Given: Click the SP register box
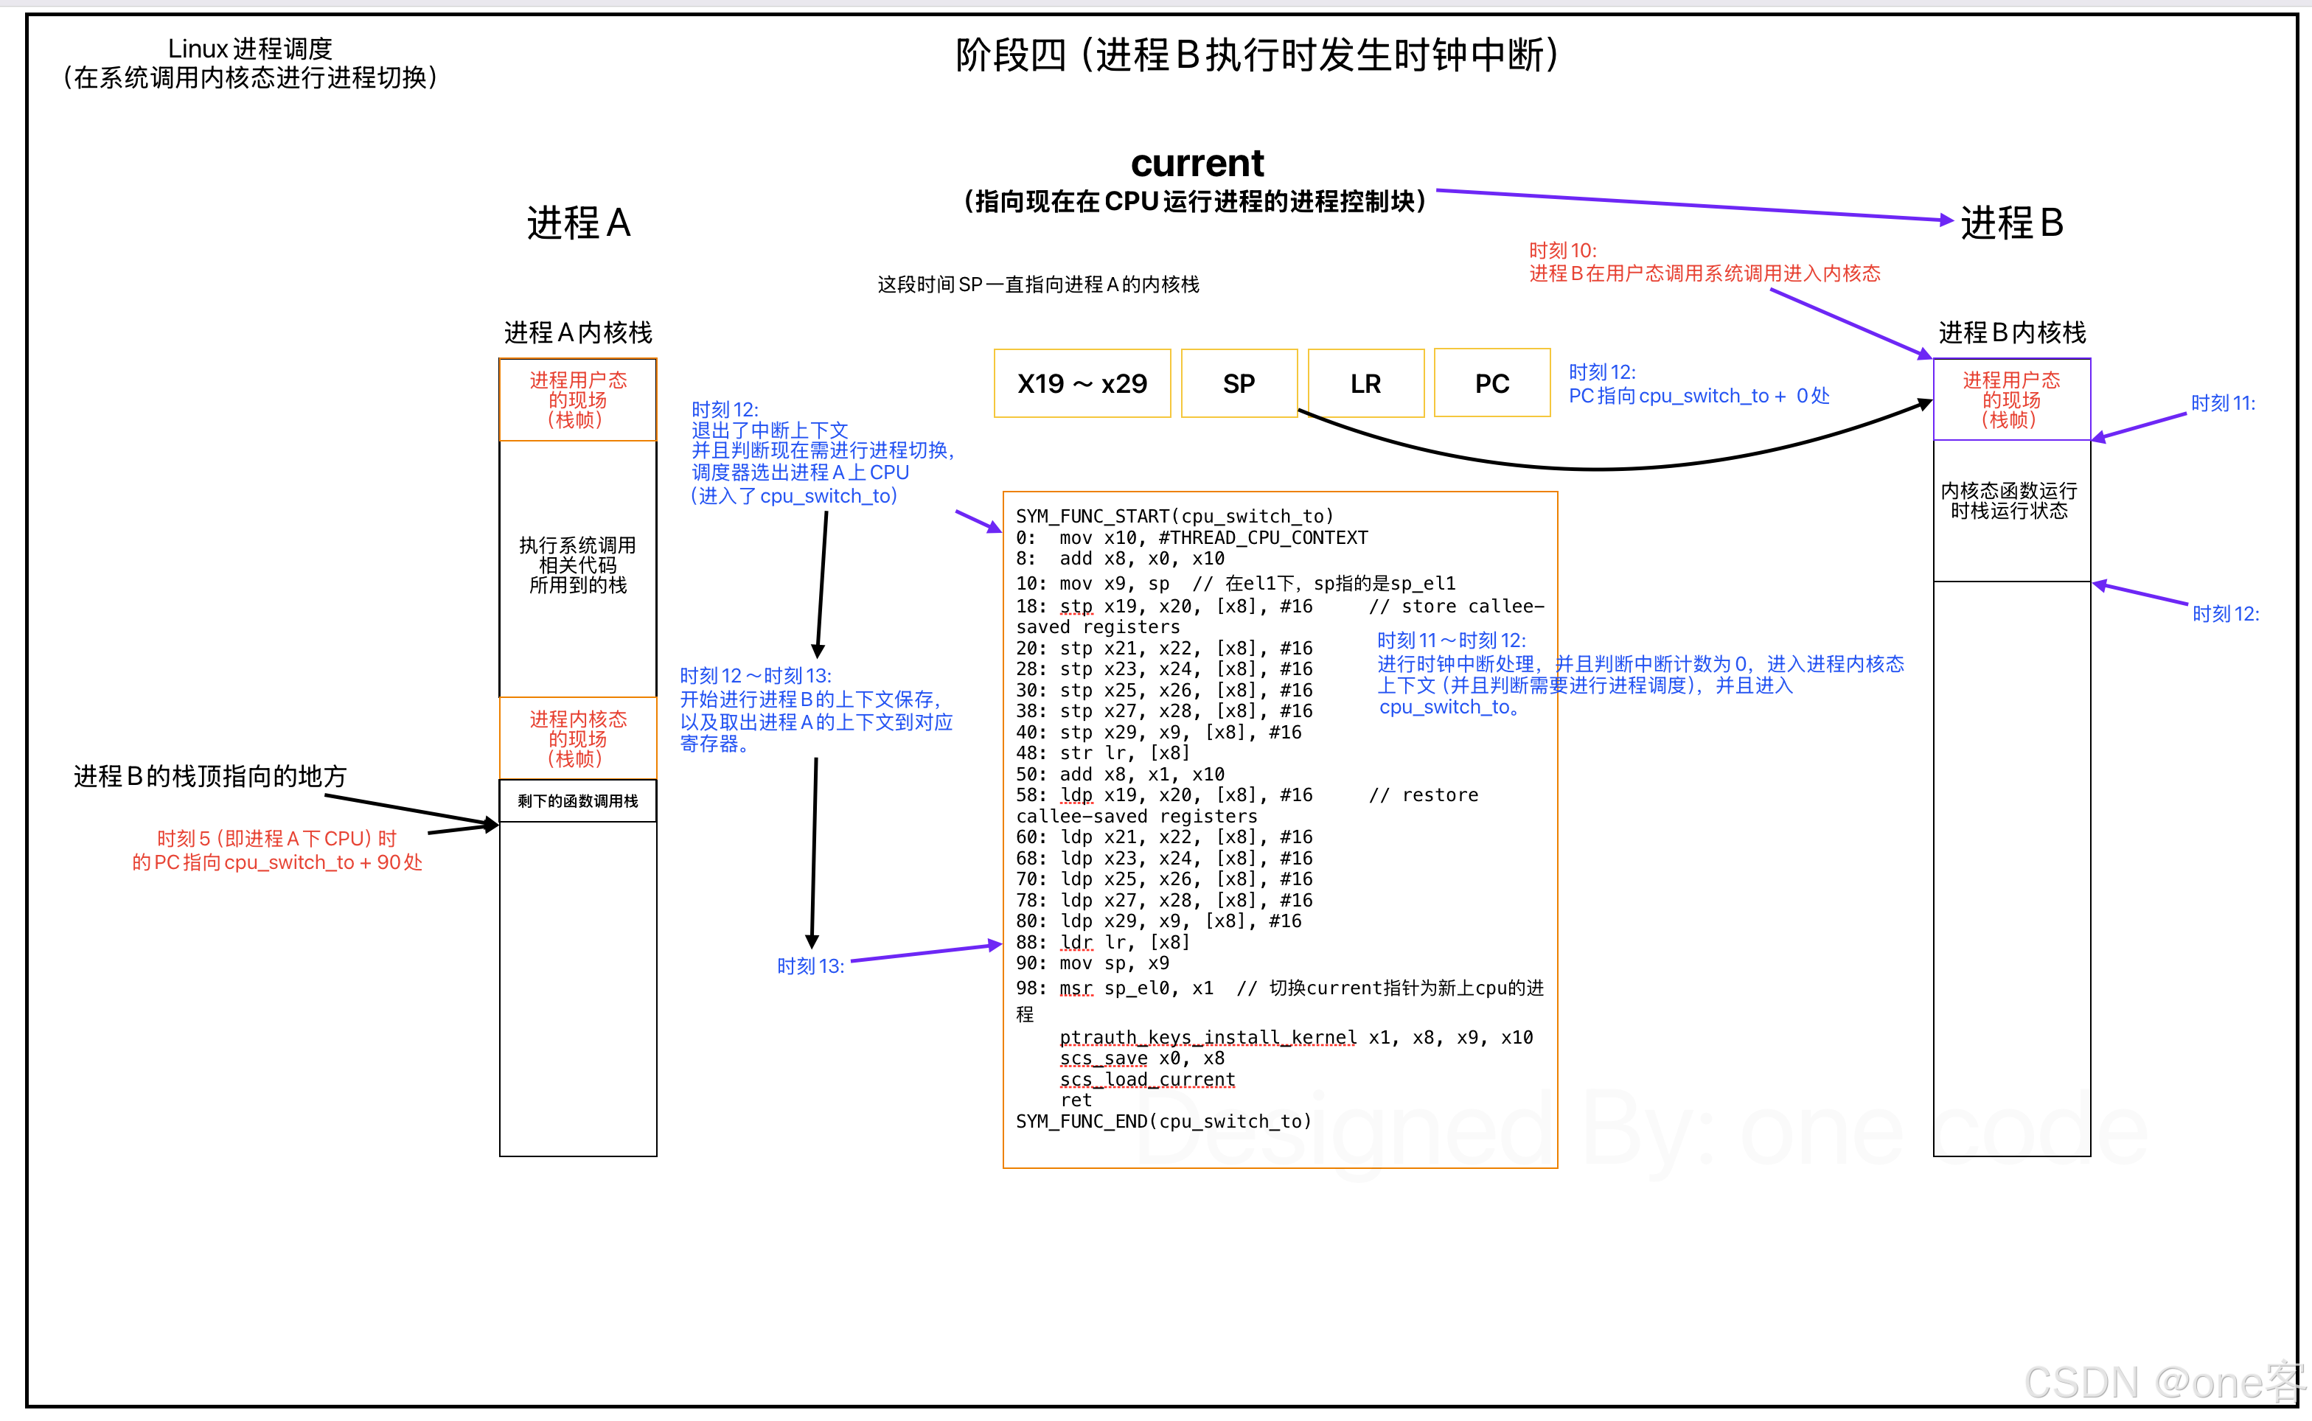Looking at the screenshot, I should (1239, 383).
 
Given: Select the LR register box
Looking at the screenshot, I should (1365, 383).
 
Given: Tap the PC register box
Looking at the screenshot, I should (1491, 383).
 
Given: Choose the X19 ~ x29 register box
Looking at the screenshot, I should (1082, 383).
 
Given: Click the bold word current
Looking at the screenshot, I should (1197, 164).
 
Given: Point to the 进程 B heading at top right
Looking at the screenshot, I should (2011, 223).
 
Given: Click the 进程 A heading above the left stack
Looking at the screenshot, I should (578, 223).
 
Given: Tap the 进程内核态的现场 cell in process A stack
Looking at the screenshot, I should (578, 739).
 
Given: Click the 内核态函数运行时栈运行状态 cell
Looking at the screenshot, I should (2010, 501).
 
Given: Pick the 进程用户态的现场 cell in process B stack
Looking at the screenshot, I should (2010, 399).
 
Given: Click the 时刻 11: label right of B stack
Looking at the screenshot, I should (2223, 403).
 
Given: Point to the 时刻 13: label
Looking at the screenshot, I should (810, 966).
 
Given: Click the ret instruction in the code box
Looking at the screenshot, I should (1076, 1100).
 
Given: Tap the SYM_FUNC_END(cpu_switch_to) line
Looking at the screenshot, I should (1163, 1121).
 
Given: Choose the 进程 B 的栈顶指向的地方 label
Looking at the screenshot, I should (211, 776).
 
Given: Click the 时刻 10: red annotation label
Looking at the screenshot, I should (1562, 251).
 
